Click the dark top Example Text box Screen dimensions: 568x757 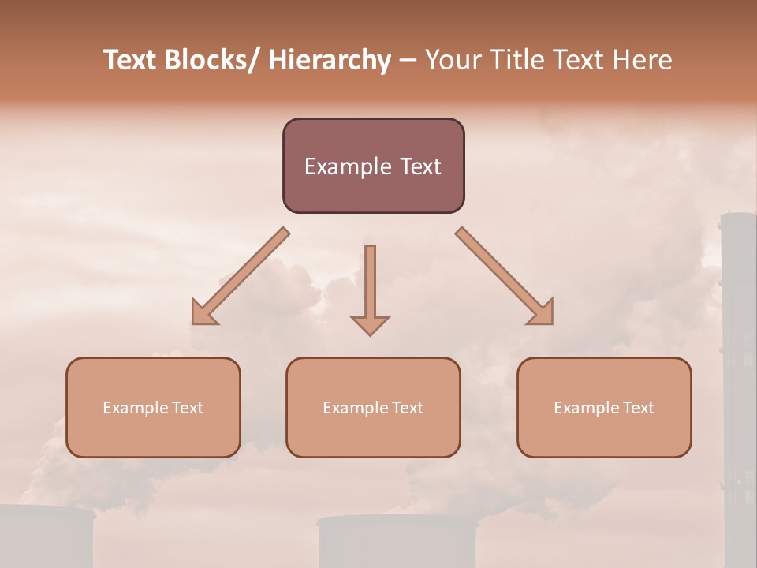point(373,166)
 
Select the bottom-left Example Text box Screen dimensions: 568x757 point(153,407)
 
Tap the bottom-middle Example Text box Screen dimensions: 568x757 point(373,407)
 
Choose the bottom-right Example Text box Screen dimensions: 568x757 point(604,407)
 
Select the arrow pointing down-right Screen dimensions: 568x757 point(505,277)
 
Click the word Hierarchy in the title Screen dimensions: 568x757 point(330,60)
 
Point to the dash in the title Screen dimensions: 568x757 point(408,60)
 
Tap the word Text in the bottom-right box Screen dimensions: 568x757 point(638,407)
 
